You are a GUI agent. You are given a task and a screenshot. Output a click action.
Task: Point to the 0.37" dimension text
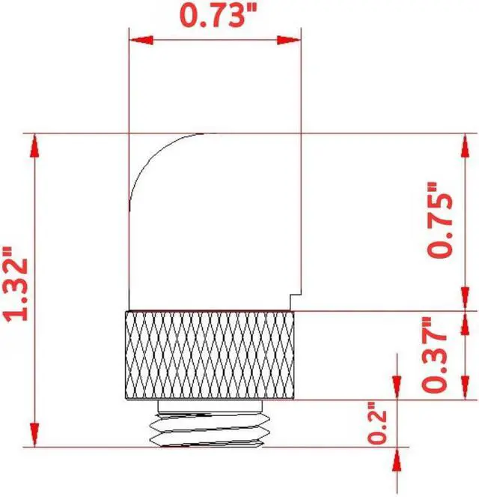439,355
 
